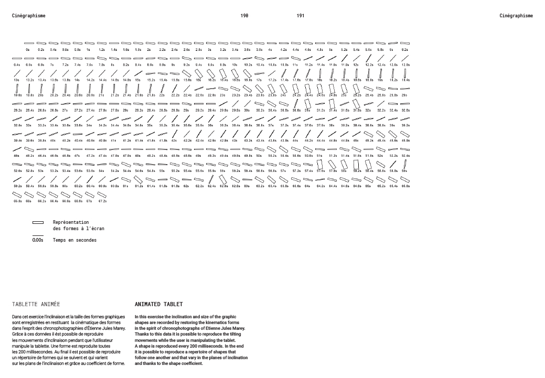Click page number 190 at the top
(x=244, y=16)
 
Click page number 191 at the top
(x=301, y=16)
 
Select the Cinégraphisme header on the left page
(x=28, y=16)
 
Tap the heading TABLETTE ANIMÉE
(x=36, y=304)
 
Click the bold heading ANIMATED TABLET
(x=159, y=304)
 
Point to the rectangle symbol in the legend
(x=38, y=222)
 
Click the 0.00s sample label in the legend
(x=38, y=240)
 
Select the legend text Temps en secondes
(x=74, y=240)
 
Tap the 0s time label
(x=28, y=49)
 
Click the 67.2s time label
(x=102, y=201)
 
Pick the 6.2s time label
(x=405, y=49)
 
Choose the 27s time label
(x=65, y=111)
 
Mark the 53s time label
(x=41, y=171)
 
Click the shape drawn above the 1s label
(x=89, y=43)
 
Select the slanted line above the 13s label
(x=17, y=73)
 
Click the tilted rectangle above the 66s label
(x=29, y=195)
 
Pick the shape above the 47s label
(x=77, y=149)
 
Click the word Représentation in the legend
(x=71, y=222)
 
